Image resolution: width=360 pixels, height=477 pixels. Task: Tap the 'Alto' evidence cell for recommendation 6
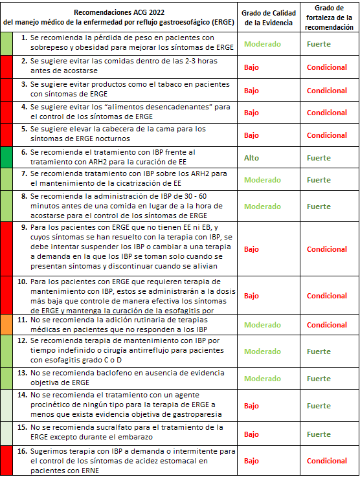(x=251, y=158)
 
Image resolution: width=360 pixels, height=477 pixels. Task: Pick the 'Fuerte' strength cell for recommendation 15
(x=319, y=434)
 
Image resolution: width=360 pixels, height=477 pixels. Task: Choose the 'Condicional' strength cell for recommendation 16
(x=327, y=461)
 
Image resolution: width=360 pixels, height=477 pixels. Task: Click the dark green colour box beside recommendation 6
(x=6, y=158)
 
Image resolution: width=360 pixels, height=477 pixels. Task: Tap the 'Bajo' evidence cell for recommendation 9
(x=251, y=249)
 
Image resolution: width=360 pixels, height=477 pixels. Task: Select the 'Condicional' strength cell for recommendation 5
(x=327, y=135)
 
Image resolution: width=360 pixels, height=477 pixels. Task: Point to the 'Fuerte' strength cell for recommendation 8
(x=319, y=206)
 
